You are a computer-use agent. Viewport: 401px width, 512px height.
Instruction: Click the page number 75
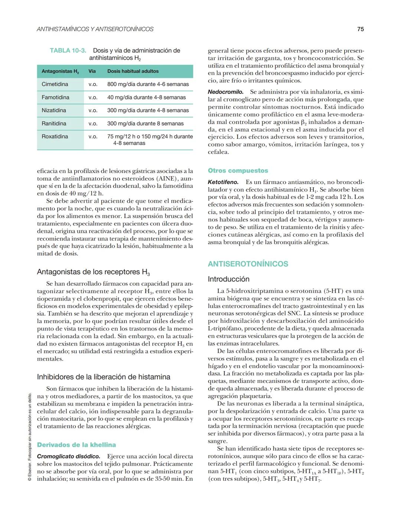[360, 29]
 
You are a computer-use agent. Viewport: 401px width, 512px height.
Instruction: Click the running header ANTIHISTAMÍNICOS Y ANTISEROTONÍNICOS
[95, 29]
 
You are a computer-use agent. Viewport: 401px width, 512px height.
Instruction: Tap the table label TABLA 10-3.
[68, 50]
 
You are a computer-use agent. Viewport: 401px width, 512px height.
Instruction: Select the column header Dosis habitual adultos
[133, 71]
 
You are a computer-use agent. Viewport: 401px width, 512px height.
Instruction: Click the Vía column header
[92, 71]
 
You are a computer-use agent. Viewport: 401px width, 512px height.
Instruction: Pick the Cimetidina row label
[55, 84]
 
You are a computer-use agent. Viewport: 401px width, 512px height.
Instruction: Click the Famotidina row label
[55, 97]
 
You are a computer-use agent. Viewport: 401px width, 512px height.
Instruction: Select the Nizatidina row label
[54, 110]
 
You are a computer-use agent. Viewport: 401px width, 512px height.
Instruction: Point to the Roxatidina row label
[55, 137]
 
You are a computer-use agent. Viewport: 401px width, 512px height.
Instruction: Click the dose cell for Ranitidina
[145, 124]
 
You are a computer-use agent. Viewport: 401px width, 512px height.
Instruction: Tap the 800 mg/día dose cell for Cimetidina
[148, 84]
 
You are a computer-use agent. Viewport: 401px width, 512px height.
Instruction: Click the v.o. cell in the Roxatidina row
[93, 137]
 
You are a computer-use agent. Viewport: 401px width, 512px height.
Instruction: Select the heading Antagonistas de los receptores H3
[93, 272]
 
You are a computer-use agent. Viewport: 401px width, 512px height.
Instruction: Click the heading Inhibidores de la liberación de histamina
[104, 377]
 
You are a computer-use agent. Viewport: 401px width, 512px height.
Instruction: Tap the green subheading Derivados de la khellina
[76, 445]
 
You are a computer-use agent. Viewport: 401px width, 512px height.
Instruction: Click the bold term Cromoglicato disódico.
[69, 456]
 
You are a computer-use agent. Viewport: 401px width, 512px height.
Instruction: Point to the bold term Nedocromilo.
[225, 92]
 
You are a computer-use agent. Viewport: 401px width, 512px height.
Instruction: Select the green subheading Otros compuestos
[238, 171]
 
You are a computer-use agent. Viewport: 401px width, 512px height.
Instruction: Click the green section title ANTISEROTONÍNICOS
[248, 264]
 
